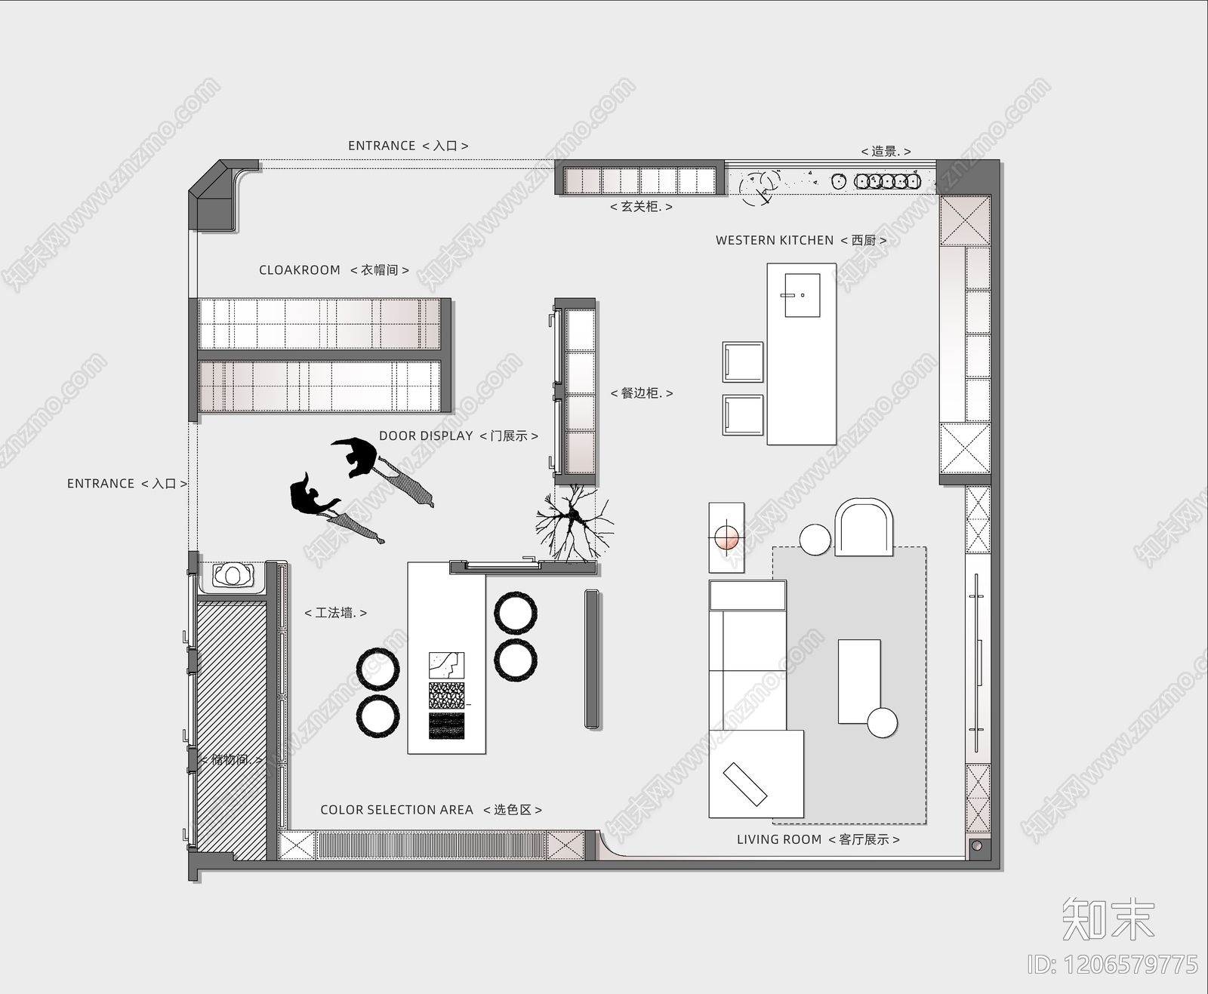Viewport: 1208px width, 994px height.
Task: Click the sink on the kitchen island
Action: tap(802, 295)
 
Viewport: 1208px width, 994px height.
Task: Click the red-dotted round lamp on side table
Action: tap(726, 537)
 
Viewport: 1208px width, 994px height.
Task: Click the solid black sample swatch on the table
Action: tap(446, 726)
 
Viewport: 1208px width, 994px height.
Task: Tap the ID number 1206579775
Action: tap(1112, 964)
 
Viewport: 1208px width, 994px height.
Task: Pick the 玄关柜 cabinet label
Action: tap(641, 206)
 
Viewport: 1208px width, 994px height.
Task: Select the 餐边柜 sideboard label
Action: tap(641, 393)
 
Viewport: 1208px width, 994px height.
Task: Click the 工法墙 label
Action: tap(335, 613)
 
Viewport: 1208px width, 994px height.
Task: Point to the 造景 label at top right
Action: tap(886, 151)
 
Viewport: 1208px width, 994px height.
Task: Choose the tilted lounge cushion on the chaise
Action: tap(745, 784)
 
